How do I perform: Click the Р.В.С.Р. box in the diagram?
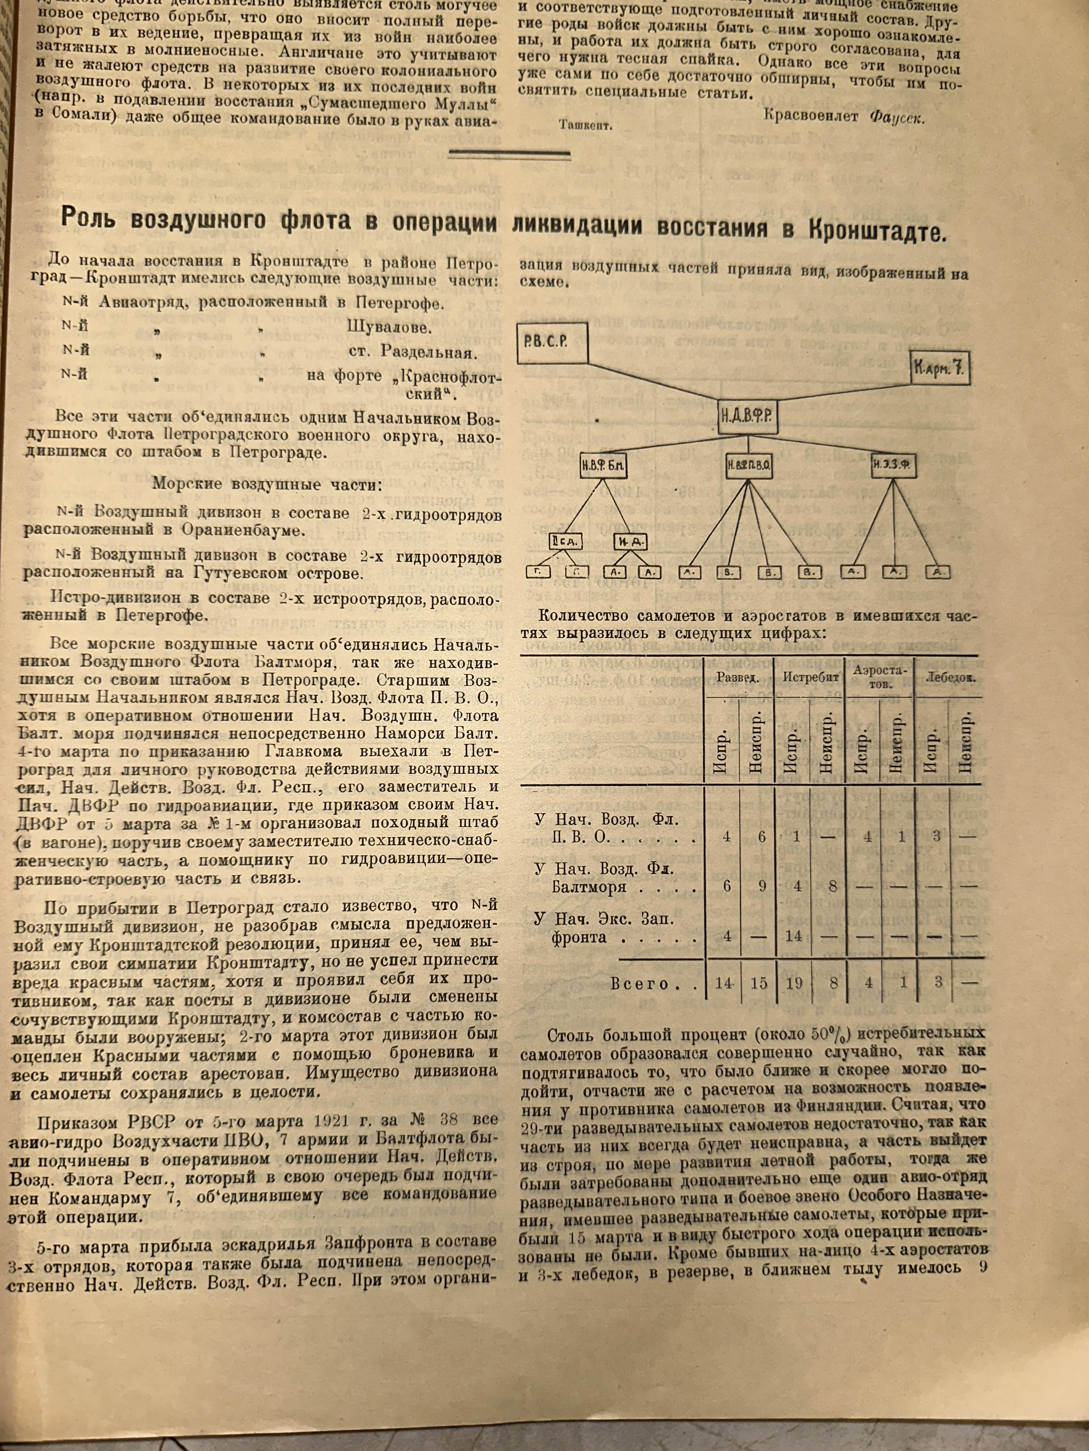pyautogui.click(x=551, y=343)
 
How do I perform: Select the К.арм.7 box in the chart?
pyautogui.click(x=939, y=369)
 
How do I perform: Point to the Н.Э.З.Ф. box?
pyautogui.click(x=893, y=466)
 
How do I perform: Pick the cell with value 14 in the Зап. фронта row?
pyautogui.click(x=794, y=935)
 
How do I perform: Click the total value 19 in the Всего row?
pyautogui.click(x=794, y=983)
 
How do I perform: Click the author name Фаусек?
pyautogui.click(x=897, y=118)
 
